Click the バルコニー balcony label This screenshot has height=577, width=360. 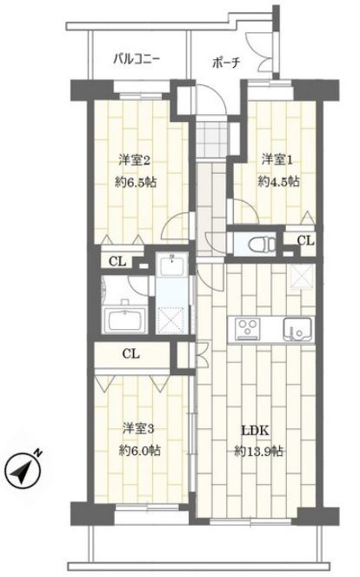(x=137, y=59)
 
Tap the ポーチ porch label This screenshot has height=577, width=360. (x=226, y=63)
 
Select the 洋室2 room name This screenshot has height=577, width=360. (x=134, y=160)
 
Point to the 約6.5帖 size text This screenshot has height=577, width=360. (x=136, y=182)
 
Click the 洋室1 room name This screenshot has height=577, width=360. (x=277, y=160)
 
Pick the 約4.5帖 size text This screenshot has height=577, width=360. (x=279, y=181)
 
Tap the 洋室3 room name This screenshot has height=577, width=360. (x=138, y=429)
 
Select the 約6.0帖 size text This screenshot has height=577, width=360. (x=139, y=451)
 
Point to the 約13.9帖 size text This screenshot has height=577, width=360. (x=259, y=451)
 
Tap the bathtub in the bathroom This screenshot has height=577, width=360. (x=126, y=319)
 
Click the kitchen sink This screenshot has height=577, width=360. (x=297, y=329)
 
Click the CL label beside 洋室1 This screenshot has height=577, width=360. (x=305, y=241)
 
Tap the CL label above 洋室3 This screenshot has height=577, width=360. (x=131, y=354)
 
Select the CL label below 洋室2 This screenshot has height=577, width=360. (x=117, y=262)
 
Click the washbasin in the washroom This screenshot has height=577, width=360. (x=171, y=264)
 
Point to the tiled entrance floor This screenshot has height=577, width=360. (x=211, y=139)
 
